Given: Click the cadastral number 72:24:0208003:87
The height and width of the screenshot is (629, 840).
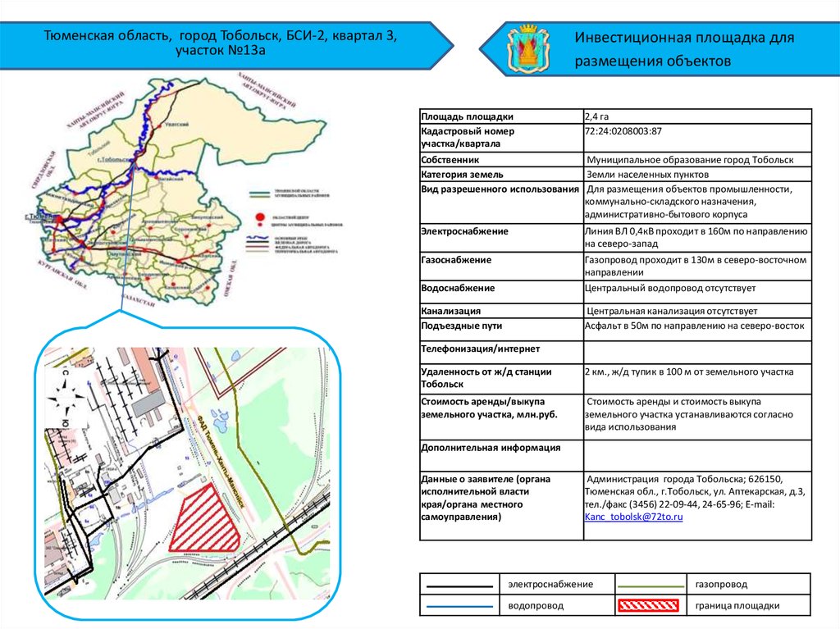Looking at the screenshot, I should [623, 131].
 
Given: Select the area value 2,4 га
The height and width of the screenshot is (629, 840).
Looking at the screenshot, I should [596, 116].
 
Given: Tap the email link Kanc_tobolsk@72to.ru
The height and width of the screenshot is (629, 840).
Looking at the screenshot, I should [633, 517].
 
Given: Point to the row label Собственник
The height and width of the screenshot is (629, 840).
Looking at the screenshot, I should [450, 160].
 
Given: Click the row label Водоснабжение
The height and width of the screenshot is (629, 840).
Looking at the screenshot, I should [457, 289].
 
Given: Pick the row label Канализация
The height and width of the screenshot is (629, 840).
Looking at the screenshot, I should [450, 312].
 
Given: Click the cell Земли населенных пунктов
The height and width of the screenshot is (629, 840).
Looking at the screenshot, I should [647, 175].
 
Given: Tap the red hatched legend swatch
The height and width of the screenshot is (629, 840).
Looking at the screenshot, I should [647, 606].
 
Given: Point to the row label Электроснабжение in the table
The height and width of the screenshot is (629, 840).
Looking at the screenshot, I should [463, 232].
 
